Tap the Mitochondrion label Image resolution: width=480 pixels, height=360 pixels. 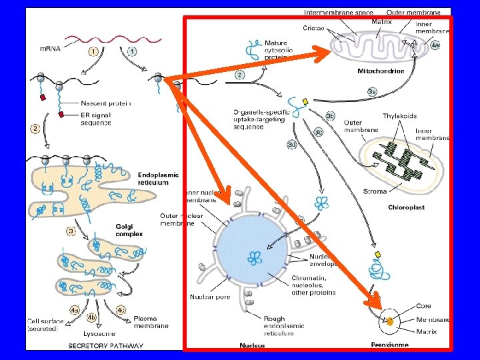click(381, 71)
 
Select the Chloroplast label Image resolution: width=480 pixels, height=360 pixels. click(406, 208)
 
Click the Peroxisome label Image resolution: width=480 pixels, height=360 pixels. click(389, 345)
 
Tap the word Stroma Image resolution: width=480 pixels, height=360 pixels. click(375, 192)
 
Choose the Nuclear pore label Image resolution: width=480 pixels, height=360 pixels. click(208, 297)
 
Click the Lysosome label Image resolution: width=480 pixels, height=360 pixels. click(99, 333)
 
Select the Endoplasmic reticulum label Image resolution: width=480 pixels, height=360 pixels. click(157, 178)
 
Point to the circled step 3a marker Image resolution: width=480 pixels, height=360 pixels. click(372, 91)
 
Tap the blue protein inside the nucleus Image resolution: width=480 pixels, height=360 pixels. click(254, 258)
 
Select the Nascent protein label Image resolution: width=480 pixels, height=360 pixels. click(105, 103)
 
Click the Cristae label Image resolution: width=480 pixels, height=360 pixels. click(313, 29)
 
